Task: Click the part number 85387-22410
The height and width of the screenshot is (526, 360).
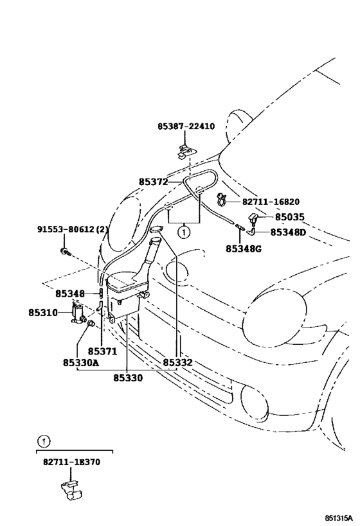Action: tap(186, 127)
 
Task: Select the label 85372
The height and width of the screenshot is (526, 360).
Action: tap(153, 182)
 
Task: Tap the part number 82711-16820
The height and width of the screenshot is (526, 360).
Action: tap(271, 201)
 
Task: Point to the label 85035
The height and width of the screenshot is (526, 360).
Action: tap(291, 218)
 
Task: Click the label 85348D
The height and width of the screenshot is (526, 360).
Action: tap(287, 232)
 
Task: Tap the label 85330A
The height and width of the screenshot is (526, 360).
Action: tap(80, 363)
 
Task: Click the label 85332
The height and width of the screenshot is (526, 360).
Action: tap(177, 363)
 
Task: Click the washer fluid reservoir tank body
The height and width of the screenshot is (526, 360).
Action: tap(125, 295)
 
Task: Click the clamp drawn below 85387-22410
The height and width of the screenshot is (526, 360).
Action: tap(184, 152)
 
